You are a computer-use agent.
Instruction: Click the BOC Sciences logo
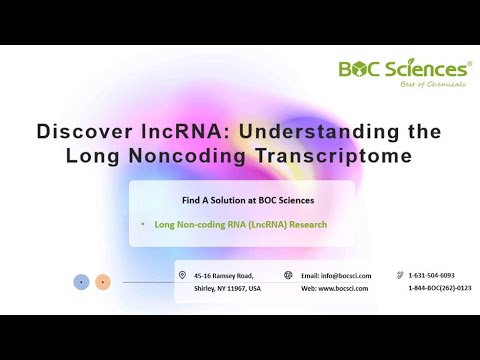tap(403, 69)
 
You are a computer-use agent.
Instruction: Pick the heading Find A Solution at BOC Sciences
tap(241, 199)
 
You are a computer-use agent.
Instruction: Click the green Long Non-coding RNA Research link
tap(241, 224)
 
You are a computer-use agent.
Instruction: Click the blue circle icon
tap(81, 282)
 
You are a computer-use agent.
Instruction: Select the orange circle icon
tap(103, 282)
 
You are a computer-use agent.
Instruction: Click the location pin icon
tap(182, 275)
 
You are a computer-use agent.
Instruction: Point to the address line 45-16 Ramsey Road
tap(224, 275)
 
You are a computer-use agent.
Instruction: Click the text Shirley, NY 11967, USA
tap(227, 288)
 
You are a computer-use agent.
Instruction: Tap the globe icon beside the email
tap(288, 275)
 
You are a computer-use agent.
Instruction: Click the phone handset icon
tap(399, 275)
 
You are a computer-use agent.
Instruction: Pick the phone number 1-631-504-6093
tap(431, 275)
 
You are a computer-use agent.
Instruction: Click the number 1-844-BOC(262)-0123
tap(439, 288)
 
